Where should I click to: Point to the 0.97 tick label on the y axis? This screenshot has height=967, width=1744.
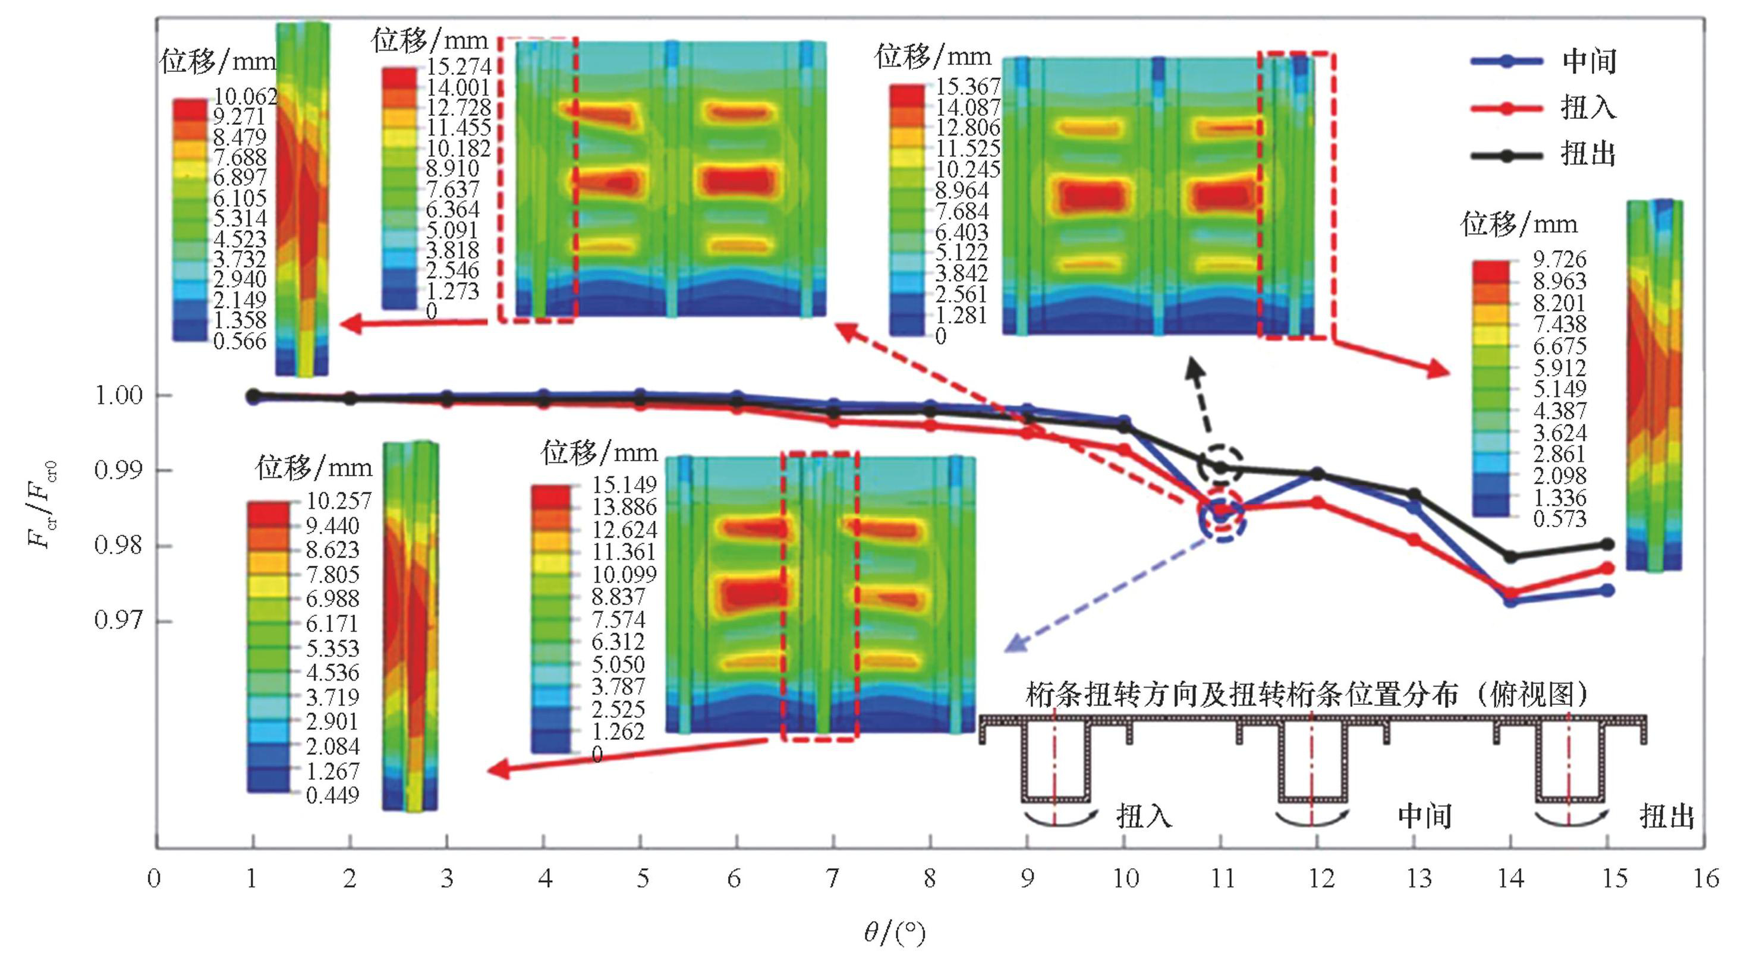[118, 620]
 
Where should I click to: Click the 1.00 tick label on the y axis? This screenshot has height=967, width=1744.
[118, 395]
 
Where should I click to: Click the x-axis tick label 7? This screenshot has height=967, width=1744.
[833, 879]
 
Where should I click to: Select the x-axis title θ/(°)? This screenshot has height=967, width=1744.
[893, 934]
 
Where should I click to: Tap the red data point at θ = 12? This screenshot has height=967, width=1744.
[1317, 502]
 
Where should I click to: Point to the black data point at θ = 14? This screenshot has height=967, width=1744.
[1510, 557]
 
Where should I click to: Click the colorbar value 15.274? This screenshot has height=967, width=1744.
[458, 67]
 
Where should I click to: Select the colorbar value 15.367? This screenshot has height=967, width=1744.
[968, 87]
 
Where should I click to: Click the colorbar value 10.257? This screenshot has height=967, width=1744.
[338, 501]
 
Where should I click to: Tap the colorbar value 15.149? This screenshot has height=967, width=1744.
[624, 485]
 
